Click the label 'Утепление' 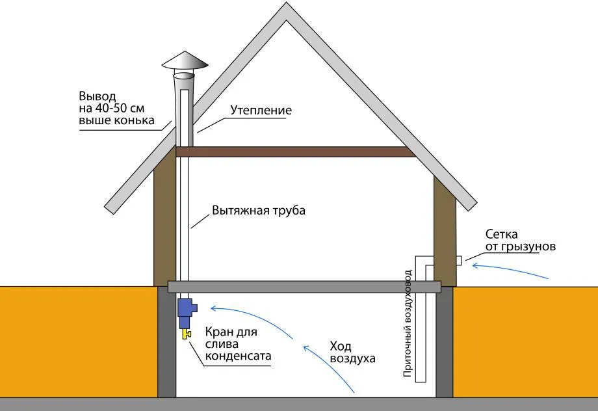[261, 111]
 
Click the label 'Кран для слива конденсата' [237, 345]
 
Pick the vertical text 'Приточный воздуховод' [407, 323]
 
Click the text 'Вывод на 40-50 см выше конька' [117, 109]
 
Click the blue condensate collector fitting [186, 312]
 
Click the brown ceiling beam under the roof [296, 152]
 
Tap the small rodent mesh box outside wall [459, 261]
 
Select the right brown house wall [445, 228]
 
